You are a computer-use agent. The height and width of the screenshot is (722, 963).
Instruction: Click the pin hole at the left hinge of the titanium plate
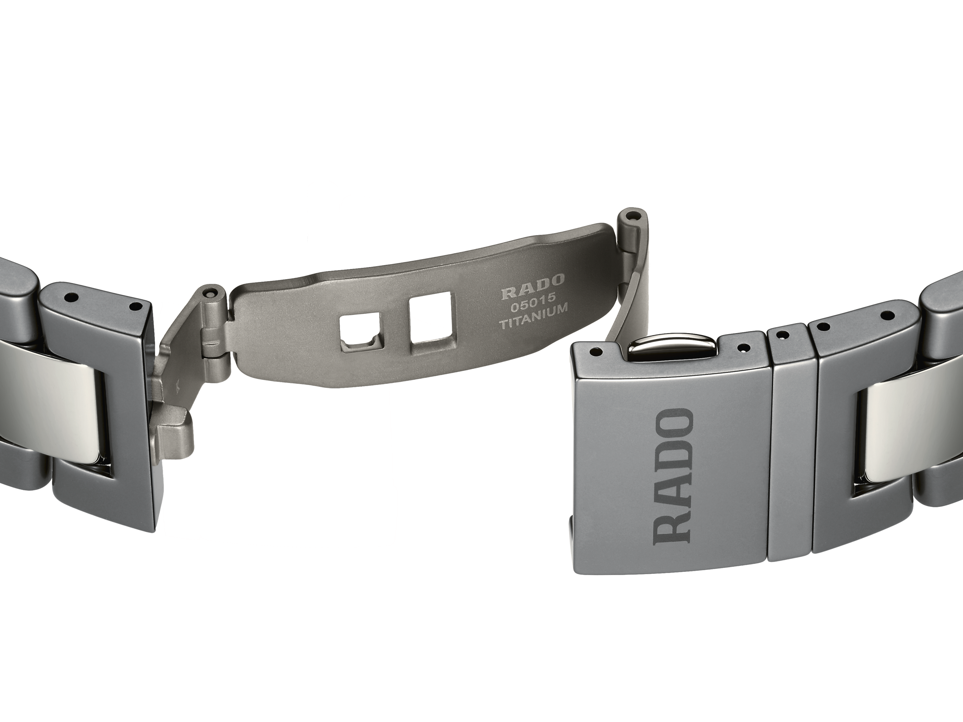(x=211, y=292)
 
